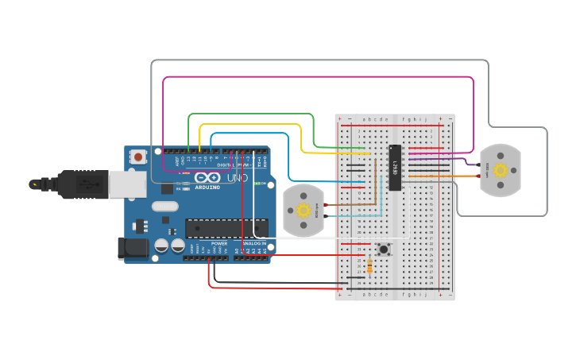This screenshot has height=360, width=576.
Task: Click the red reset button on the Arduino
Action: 139,157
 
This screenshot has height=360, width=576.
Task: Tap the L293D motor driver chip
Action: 395,168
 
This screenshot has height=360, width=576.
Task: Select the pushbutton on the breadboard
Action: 385,249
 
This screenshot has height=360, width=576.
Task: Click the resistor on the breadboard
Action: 369,266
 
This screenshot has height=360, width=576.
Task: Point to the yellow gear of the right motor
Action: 500,170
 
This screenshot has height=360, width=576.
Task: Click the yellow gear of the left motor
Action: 303,211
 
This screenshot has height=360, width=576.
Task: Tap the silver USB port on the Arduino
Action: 127,184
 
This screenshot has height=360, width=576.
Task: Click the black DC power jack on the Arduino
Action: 133,248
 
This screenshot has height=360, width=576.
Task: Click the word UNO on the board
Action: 237,178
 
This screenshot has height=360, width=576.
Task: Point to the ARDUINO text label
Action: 207,188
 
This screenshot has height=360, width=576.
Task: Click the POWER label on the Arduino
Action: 218,243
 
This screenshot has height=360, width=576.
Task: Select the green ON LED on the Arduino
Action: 259,184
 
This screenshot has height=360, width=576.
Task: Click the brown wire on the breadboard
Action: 350,205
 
